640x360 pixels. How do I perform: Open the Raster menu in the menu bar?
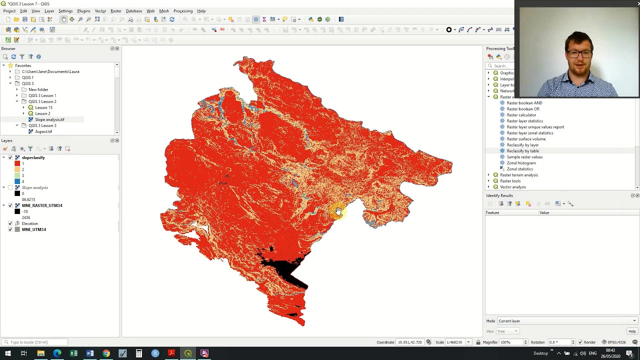pos(115,11)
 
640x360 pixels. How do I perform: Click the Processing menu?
pos(182,11)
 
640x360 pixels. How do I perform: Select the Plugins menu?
pos(83,11)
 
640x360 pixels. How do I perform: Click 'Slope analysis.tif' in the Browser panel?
pos(49,119)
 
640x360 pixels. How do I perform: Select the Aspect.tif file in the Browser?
pos(43,131)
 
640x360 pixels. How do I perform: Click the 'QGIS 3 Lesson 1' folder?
pos(42,95)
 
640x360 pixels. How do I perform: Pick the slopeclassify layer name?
pos(33,157)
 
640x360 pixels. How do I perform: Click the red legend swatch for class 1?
pos(17,163)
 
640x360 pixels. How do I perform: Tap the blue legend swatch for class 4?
pos(17,181)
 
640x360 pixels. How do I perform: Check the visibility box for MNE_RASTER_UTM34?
pos(10,205)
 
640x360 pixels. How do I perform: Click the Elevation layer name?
pos(29,223)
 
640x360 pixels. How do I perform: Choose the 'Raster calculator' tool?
pos(521,115)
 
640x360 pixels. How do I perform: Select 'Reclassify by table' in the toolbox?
pos(522,151)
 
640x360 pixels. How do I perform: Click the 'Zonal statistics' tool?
pos(519,169)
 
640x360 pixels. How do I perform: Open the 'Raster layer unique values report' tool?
pos(535,127)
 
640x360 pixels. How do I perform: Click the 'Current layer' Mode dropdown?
pos(566,321)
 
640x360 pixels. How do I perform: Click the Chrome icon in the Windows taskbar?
pos(106,353)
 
